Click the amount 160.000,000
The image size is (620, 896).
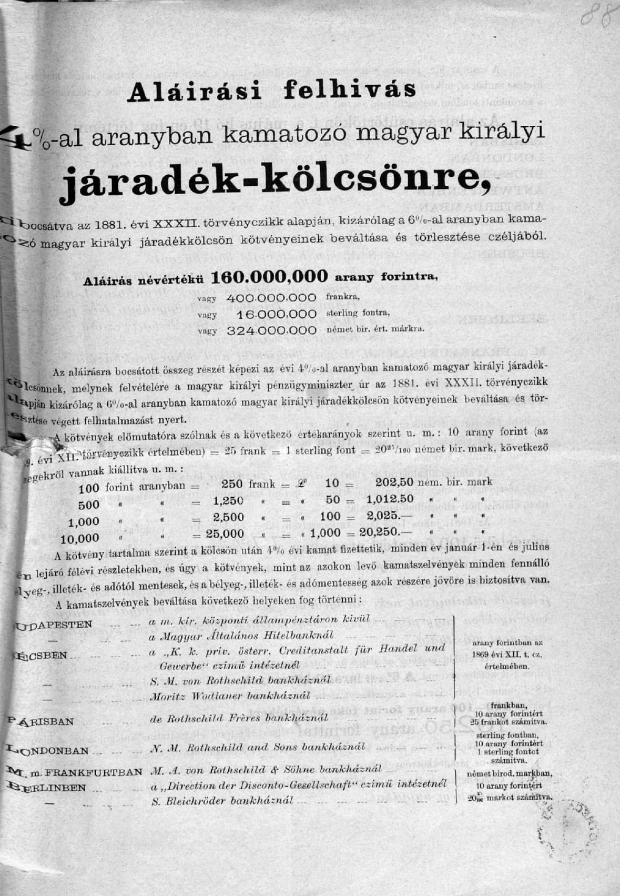click(x=269, y=277)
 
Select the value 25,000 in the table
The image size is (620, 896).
click(x=225, y=533)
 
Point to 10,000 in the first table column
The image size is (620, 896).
click(x=80, y=539)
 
